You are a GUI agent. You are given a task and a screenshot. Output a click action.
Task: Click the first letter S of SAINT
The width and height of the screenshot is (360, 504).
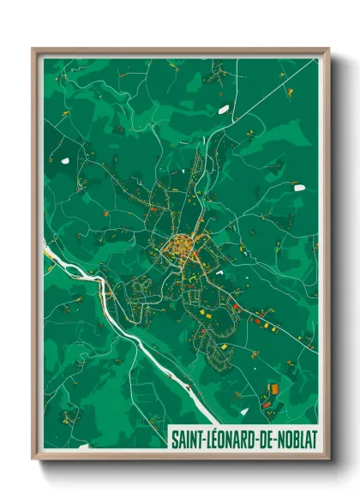[x=176, y=439]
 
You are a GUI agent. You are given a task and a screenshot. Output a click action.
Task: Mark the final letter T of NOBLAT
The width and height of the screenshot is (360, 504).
[x=315, y=439]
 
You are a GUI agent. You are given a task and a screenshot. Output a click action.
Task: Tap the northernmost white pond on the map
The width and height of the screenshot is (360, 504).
[x=224, y=109]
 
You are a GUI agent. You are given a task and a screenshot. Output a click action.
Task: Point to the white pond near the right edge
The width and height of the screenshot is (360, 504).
[x=297, y=183]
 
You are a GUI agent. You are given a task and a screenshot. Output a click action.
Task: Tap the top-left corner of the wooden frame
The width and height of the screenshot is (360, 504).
[x=33, y=49]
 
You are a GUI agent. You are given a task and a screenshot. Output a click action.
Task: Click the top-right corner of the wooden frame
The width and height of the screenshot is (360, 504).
[x=328, y=49]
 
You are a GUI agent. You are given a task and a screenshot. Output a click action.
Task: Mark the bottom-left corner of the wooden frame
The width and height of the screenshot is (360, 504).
[x=33, y=459]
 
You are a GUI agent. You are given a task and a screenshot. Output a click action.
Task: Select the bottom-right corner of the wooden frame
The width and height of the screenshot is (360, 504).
[x=328, y=459]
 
